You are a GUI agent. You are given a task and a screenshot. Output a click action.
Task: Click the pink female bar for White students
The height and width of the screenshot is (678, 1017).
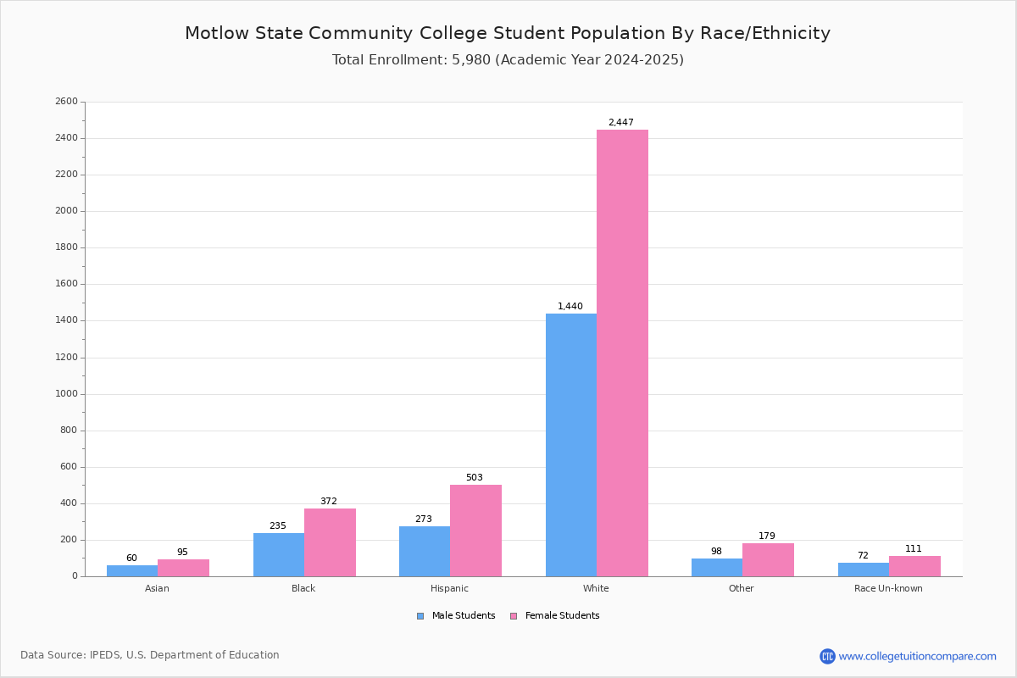coord(622,353)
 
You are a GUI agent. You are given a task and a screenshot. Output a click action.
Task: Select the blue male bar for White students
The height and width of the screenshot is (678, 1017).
coord(571,445)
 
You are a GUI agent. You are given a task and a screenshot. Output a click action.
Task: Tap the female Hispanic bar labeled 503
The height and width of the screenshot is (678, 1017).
coord(475,531)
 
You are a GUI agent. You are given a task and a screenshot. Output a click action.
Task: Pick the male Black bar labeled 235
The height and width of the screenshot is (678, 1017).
coord(279,555)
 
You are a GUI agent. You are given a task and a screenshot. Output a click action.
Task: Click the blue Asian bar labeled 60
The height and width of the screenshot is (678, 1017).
coord(132,571)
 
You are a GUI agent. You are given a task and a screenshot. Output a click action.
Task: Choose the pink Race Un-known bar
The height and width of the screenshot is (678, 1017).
coord(914,566)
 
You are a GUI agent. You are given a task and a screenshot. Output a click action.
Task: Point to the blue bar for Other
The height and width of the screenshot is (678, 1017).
coord(717,568)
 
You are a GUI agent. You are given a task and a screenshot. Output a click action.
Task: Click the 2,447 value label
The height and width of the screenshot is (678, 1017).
coord(621,122)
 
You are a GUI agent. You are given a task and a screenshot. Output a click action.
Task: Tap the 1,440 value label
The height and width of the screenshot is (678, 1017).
coord(570,306)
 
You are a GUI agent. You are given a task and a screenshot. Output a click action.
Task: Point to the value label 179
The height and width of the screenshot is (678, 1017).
coord(767,536)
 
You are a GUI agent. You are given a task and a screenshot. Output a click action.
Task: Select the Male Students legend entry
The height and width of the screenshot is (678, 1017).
coord(456,616)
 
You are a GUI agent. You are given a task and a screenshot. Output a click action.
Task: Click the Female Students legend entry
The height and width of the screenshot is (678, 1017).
coord(555,616)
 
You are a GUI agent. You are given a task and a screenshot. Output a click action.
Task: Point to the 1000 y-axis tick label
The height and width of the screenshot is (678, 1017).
coord(67,394)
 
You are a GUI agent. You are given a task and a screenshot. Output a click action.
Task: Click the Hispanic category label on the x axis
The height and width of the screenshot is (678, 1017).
coord(449,588)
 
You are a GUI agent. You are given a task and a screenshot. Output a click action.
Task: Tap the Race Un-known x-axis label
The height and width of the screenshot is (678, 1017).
coord(888,588)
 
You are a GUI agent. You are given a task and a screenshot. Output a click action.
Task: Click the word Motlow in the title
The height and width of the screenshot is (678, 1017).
coord(217,33)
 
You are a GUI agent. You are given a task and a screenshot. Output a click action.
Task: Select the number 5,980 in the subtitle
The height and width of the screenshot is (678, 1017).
coord(471,60)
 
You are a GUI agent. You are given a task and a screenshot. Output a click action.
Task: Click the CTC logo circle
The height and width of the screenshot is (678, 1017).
coord(827,656)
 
